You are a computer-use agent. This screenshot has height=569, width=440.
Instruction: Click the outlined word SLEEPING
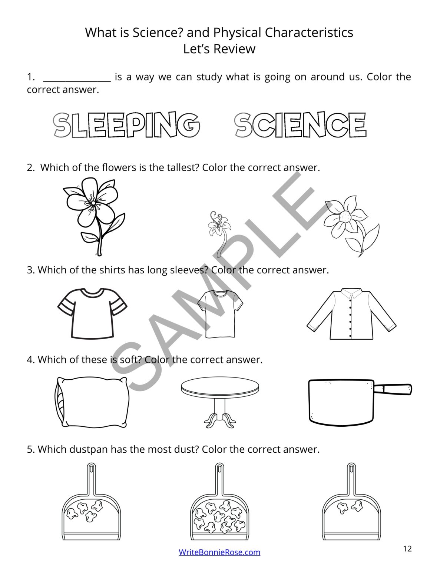(x=126, y=125)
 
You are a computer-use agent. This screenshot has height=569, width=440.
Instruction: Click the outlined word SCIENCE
(x=300, y=125)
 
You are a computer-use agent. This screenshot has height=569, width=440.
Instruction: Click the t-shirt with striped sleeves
(x=92, y=313)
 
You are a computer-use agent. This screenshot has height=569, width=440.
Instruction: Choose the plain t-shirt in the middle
(x=220, y=313)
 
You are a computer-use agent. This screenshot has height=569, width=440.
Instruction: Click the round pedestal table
(x=220, y=400)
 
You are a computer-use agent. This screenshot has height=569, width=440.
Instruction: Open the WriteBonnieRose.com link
(x=219, y=552)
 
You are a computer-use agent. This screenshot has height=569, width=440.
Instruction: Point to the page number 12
(x=407, y=549)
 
